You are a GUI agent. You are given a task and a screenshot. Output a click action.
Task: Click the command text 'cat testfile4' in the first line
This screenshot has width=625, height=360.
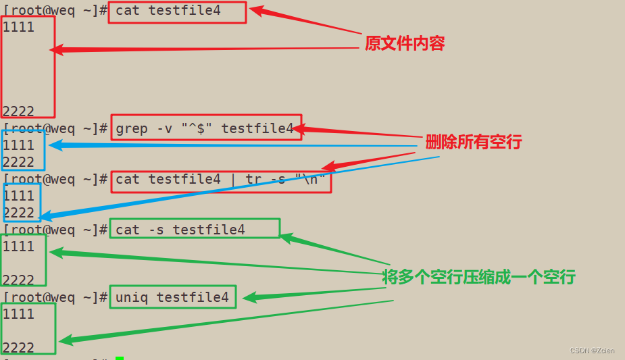[168, 11]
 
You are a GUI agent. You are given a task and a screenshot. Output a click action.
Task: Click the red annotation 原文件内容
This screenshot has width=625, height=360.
[405, 44]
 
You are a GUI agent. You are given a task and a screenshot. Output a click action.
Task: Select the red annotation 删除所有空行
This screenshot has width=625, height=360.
[473, 143]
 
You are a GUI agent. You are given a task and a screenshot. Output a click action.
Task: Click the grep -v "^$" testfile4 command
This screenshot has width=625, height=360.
[205, 128]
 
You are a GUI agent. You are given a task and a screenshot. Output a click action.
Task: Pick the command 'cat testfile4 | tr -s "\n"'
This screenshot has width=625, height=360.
[221, 180]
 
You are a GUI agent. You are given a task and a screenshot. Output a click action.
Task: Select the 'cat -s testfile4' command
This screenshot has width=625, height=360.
[180, 230]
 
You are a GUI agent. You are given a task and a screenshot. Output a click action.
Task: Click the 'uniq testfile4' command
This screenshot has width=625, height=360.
[172, 297]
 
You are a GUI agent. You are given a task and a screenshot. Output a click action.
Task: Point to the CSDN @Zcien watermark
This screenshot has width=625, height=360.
[595, 351]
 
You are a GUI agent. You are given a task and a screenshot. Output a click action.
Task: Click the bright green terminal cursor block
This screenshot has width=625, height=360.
[120, 358]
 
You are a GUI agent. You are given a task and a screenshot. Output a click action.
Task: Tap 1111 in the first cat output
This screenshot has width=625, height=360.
[19, 28]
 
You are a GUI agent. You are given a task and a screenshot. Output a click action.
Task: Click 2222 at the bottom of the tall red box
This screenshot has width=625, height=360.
[19, 111]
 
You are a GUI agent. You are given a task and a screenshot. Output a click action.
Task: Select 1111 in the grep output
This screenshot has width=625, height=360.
[19, 145]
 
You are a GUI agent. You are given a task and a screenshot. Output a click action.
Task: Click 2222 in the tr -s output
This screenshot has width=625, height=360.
[19, 213]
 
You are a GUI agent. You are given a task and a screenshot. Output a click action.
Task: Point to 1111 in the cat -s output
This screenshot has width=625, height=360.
[19, 247]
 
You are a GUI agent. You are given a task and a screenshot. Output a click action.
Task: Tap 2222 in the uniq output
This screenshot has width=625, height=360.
[19, 348]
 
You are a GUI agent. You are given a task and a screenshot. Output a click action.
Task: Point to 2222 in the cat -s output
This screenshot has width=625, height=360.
[19, 280]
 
